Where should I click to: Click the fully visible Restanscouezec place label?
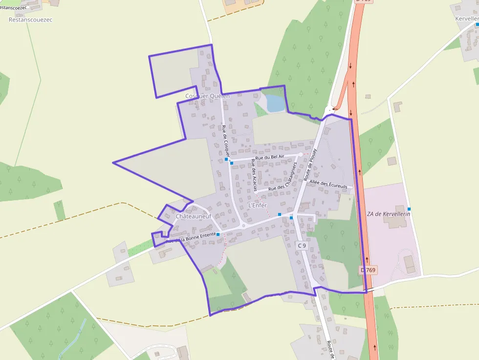coord(31,20)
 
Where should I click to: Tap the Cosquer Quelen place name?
coord(207,96)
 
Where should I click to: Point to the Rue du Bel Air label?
coord(270,157)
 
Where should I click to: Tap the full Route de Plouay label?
coord(311,165)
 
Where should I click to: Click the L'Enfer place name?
coord(258,205)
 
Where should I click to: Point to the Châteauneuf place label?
coord(193,216)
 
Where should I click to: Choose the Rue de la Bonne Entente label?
coord(191,238)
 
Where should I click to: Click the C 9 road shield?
coord(302,246)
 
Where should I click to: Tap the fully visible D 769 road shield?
coord(369,270)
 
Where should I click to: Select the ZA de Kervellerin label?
coord(388,214)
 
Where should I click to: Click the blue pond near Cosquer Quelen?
coord(275,104)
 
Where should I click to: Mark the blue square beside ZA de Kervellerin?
coord(409,209)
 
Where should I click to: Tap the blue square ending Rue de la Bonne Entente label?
coord(218,234)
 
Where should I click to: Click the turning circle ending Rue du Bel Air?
coord(301,154)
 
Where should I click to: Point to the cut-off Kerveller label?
coord(466,18)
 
